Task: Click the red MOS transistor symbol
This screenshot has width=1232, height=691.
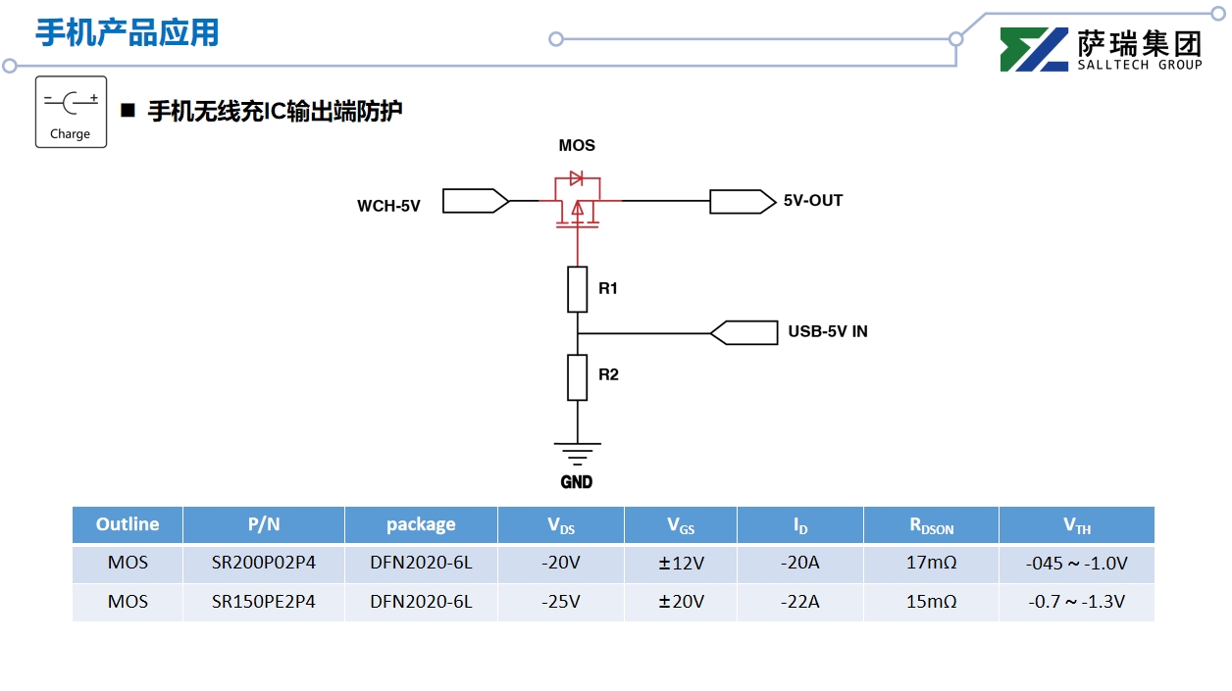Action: tap(578, 200)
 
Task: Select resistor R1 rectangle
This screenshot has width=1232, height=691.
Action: tap(578, 289)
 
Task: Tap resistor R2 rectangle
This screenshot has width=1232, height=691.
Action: tap(578, 377)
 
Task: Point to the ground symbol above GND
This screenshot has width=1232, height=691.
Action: tap(577, 453)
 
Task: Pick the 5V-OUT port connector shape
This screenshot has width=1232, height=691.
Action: tap(742, 201)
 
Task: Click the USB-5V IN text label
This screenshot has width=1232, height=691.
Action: tap(828, 332)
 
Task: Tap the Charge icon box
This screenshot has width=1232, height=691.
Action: tap(71, 112)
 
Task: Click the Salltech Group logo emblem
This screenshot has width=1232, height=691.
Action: tap(1034, 50)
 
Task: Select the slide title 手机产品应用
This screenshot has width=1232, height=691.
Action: tap(128, 32)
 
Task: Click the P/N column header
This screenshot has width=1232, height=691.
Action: tap(264, 524)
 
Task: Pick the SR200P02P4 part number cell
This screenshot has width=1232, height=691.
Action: tap(264, 564)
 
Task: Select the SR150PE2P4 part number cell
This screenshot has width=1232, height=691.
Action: tap(264, 602)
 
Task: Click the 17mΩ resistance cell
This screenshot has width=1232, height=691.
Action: tap(931, 564)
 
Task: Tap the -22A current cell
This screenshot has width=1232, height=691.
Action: tap(799, 602)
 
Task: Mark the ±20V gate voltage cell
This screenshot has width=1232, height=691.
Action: tap(681, 602)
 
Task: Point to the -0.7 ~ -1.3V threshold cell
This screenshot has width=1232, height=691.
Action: tap(1076, 602)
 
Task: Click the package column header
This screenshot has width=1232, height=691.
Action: tap(421, 524)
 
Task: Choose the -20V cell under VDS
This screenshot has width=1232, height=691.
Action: tap(561, 564)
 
